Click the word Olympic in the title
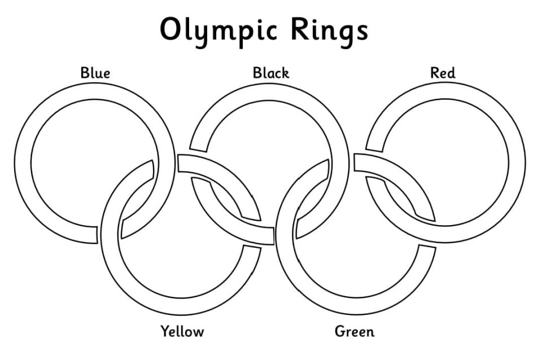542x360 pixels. point(218,31)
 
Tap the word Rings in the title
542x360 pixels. point(329,31)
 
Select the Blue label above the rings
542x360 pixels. point(95,73)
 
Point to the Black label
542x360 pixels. point(270,73)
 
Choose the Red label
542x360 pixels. point(443,73)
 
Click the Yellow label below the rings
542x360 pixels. point(182,331)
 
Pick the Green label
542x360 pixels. point(355,331)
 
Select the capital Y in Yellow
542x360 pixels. point(165,331)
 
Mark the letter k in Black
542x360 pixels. point(285,73)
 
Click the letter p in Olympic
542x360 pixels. point(242,36)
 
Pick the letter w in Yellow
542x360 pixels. point(198,333)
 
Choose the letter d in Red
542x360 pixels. point(451,73)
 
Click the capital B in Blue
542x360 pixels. point(85,73)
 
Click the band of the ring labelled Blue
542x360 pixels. point(23,163)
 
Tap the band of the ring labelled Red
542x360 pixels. point(518,163)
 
